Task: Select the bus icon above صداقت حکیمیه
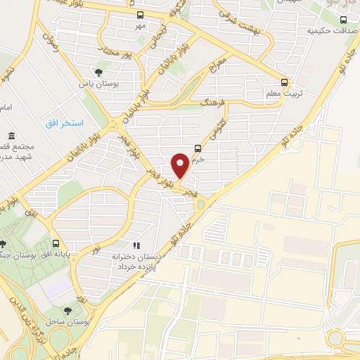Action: (x=343, y=20)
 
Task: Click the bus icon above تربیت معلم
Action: (x=284, y=82)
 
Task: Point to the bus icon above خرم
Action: (x=198, y=148)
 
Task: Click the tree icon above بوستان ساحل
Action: (x=67, y=310)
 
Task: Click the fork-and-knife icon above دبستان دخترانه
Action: (x=137, y=245)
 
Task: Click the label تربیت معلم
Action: (x=281, y=93)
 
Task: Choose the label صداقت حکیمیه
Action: (x=328, y=32)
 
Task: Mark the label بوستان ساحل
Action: (x=66, y=321)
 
